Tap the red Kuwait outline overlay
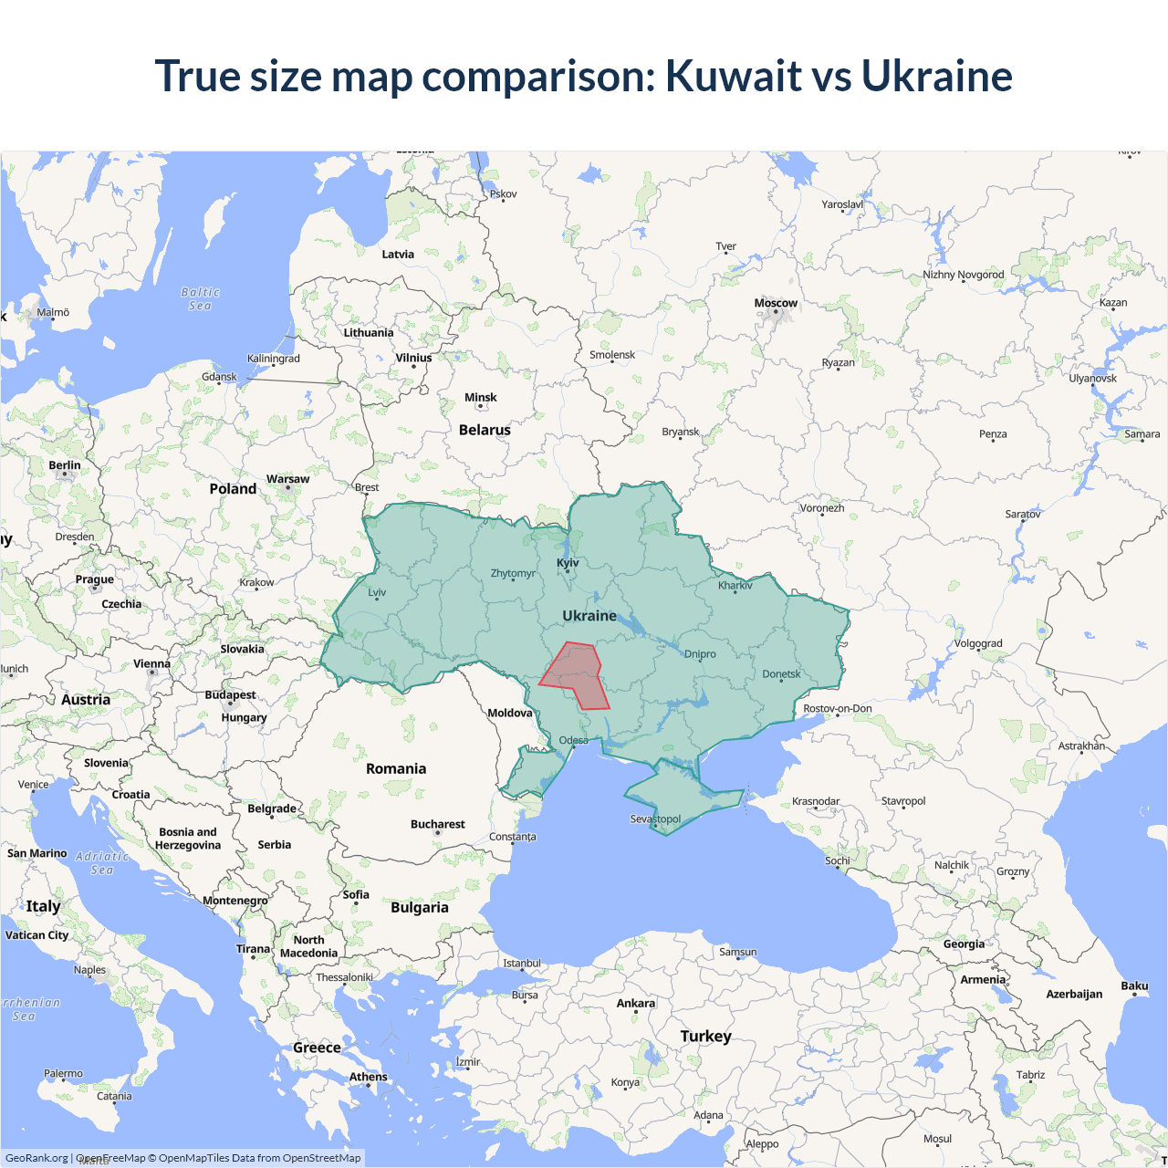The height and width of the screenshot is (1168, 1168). [x=575, y=676]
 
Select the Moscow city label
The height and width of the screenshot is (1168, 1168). [x=776, y=303]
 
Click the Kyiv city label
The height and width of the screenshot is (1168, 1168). [x=568, y=563]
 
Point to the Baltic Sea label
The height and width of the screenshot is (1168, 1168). [x=201, y=299]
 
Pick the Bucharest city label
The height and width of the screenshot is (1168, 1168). [x=437, y=824]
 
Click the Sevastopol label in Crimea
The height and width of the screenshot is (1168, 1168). [x=655, y=819]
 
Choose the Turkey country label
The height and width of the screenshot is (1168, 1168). [x=705, y=1036]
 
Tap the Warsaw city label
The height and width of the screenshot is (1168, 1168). [x=287, y=479]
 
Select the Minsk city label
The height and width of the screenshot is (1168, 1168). [x=480, y=397]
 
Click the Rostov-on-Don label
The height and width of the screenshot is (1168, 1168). [x=837, y=708]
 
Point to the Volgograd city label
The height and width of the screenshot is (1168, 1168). [x=978, y=643]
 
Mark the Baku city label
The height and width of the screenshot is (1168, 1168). [x=1134, y=985]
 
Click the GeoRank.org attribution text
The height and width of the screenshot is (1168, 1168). [x=36, y=1158]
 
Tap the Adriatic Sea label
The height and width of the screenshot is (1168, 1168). [x=102, y=863]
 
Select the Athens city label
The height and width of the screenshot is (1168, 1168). [x=368, y=1077]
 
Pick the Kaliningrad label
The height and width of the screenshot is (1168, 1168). [x=273, y=359]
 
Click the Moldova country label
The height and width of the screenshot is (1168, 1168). [x=509, y=713]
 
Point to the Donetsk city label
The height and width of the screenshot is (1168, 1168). [x=781, y=674]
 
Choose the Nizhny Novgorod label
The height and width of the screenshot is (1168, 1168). [x=963, y=275]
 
